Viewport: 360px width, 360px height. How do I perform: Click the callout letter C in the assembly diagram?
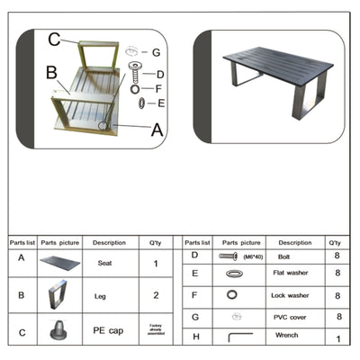(54, 39)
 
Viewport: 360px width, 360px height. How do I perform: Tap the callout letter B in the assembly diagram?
(52, 72)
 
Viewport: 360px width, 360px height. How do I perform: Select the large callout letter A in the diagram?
(157, 129)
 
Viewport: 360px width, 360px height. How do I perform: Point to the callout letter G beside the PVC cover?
(156, 52)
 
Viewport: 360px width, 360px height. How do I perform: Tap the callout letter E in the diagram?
(161, 103)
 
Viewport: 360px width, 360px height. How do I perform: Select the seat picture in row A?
(59, 263)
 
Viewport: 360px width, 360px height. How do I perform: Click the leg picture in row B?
(59, 294)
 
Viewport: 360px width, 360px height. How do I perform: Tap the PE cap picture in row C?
(59, 328)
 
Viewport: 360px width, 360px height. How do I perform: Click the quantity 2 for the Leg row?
(155, 294)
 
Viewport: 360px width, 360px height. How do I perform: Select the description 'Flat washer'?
(294, 272)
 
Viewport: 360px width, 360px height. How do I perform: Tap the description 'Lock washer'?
(294, 294)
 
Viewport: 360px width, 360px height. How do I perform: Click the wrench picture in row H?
(237, 337)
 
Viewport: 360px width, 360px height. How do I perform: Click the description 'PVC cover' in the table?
(294, 317)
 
